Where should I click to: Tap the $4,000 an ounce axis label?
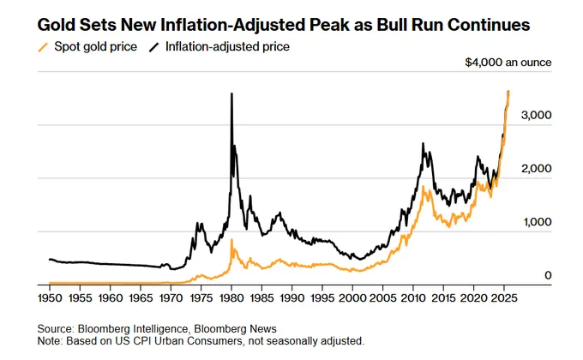pos(509,63)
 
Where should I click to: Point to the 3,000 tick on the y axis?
pos(537,115)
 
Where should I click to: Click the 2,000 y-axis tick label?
pos(537,169)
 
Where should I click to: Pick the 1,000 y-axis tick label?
pos(537,222)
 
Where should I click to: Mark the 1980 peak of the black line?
pos(231,94)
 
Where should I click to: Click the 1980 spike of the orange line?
pos(231,241)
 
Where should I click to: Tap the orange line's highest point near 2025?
pos(508,92)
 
